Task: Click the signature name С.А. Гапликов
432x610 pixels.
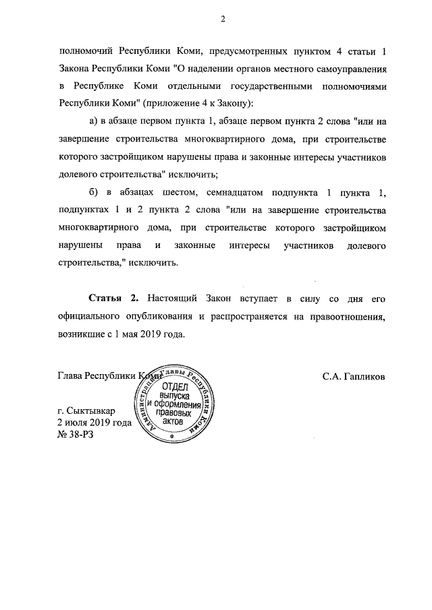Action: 354,377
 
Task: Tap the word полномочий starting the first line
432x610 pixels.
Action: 86,51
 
